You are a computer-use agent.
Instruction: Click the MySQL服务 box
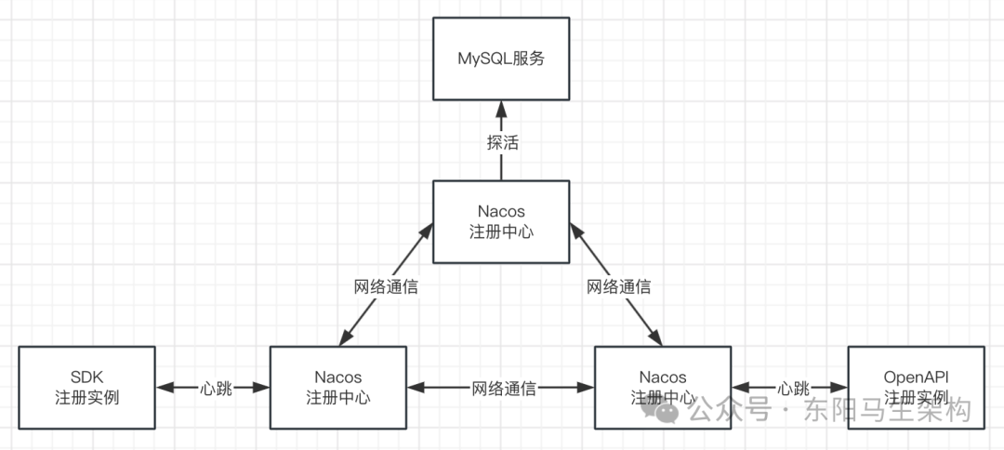(x=501, y=59)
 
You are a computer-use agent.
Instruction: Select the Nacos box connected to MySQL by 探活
(x=501, y=222)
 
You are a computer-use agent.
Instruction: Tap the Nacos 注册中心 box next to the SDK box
(x=338, y=387)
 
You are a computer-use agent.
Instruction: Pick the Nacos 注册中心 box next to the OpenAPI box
(x=663, y=387)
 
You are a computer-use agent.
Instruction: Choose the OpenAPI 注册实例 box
(x=916, y=387)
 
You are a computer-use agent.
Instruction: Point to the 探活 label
(x=502, y=143)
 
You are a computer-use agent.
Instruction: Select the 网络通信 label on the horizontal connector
(x=503, y=388)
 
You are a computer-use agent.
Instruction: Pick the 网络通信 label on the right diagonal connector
(x=618, y=286)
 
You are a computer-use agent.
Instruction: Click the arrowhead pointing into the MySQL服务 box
(x=501, y=108)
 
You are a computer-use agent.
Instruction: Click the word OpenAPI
(x=916, y=377)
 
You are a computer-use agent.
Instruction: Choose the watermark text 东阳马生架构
(x=887, y=410)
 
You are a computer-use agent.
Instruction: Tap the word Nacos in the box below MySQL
(x=501, y=212)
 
